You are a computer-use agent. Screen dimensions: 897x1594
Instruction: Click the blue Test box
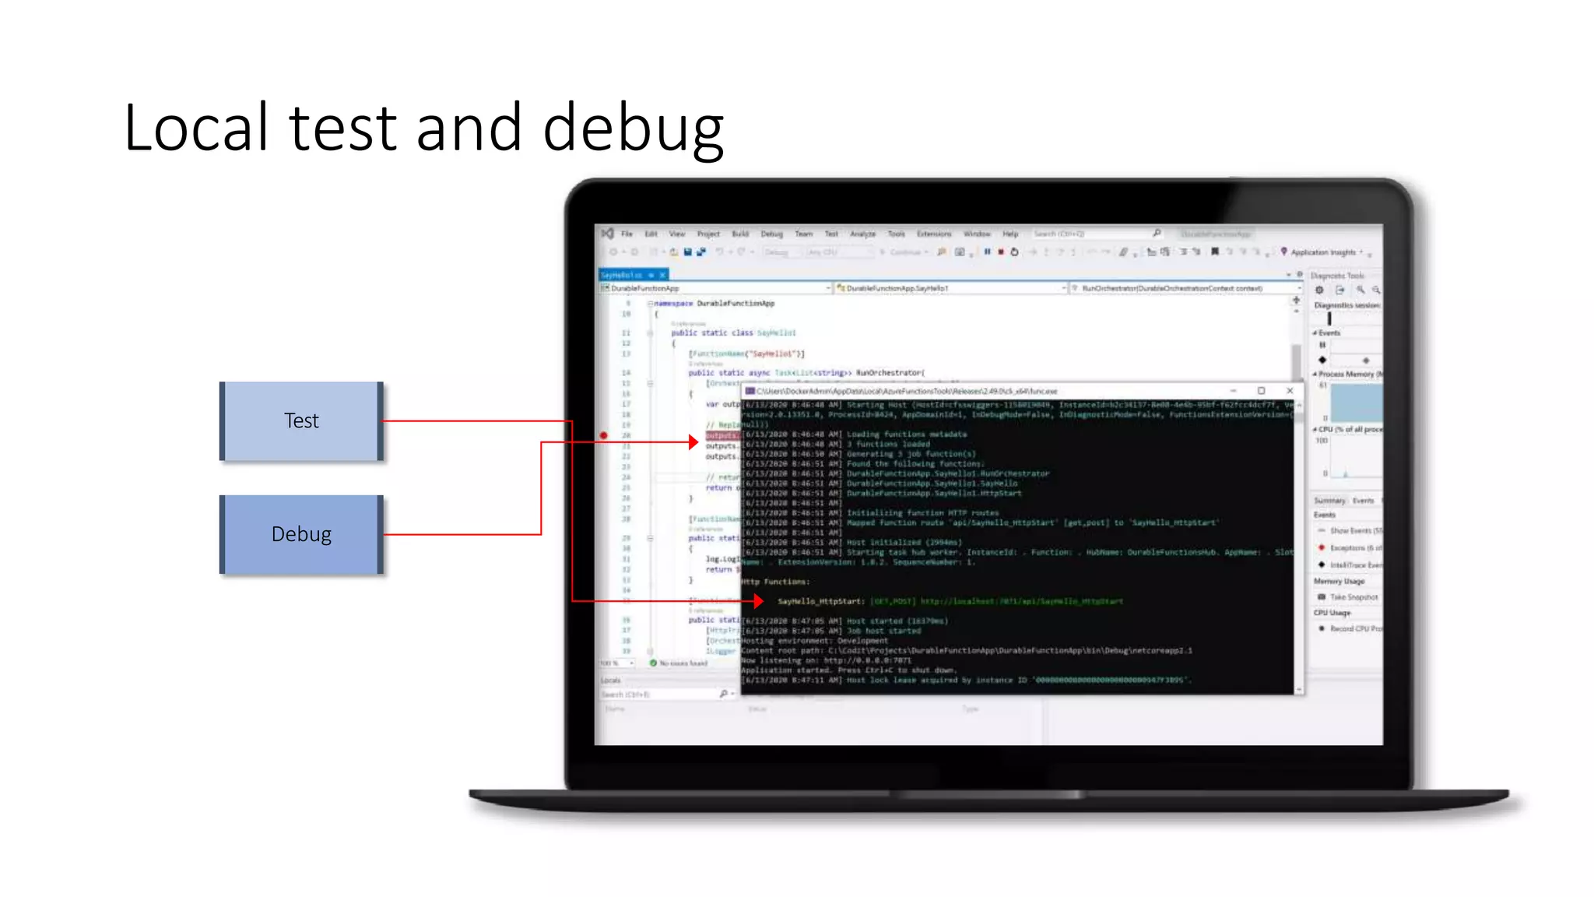301,421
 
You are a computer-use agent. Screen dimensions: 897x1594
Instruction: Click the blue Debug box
301,534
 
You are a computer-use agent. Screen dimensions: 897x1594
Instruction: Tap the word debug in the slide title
633,129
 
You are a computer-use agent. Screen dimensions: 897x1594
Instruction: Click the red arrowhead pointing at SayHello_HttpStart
758,601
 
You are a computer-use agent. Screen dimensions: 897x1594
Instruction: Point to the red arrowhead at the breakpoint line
693,442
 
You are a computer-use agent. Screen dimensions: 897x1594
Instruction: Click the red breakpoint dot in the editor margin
604,435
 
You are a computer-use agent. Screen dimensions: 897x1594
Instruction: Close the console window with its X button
1290,391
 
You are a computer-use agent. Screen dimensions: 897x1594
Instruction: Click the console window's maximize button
1261,391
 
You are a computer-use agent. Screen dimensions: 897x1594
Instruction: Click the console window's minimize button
1233,391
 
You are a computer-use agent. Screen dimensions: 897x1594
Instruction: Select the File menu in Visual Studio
627,234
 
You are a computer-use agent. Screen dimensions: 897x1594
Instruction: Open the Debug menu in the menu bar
771,234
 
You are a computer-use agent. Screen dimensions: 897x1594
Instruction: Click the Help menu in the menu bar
1010,234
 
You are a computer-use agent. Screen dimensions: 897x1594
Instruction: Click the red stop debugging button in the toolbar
1001,252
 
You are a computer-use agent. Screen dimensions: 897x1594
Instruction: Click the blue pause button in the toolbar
987,252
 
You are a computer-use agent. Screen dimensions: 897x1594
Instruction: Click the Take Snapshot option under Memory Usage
1353,597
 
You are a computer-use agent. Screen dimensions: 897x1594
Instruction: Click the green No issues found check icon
654,663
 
